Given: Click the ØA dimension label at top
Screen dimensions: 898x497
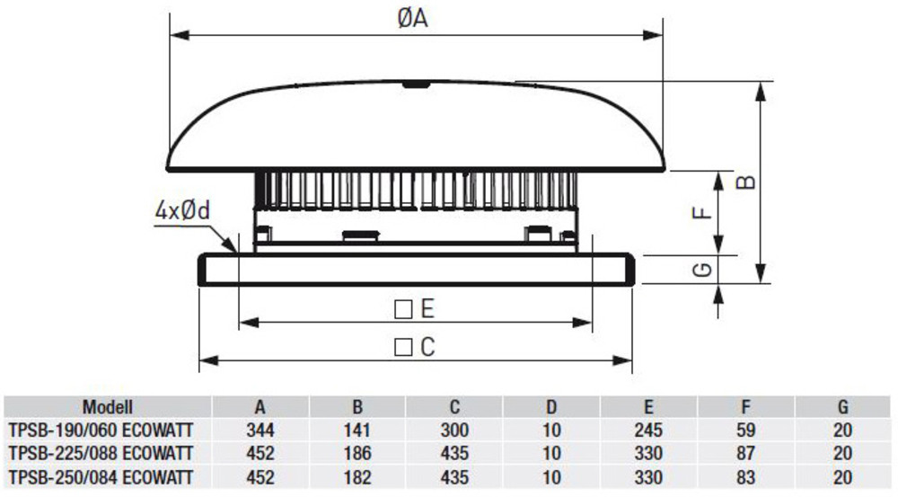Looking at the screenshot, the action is (412, 18).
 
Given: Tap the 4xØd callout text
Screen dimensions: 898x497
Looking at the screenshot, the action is (182, 211).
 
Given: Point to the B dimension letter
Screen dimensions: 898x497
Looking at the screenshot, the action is (745, 182).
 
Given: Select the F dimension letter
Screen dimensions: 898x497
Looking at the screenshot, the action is (702, 213).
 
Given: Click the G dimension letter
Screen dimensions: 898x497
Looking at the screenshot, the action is (703, 269).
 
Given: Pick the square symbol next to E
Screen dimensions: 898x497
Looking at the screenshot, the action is (404, 309).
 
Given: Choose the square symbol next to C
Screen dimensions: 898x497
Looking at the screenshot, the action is (404, 347).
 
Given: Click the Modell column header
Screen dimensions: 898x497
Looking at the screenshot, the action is (108, 407).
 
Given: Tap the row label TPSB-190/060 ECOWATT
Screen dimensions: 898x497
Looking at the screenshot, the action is (101, 430).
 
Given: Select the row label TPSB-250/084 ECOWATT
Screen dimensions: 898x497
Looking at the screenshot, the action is (101, 477).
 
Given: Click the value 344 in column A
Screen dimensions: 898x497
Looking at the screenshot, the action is (260, 430).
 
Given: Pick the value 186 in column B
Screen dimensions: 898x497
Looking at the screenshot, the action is (357, 454).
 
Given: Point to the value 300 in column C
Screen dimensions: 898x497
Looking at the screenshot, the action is (454, 430).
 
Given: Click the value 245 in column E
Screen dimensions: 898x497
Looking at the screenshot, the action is (648, 430).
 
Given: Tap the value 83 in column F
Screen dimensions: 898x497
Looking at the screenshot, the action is (745, 477).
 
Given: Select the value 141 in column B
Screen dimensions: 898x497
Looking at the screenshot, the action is (357, 430).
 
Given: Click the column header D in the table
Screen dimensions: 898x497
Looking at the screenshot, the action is (551, 407).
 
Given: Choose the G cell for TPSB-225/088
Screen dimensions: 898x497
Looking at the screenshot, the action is (842, 454).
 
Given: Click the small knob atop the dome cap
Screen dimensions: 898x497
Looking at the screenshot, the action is (416, 84).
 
